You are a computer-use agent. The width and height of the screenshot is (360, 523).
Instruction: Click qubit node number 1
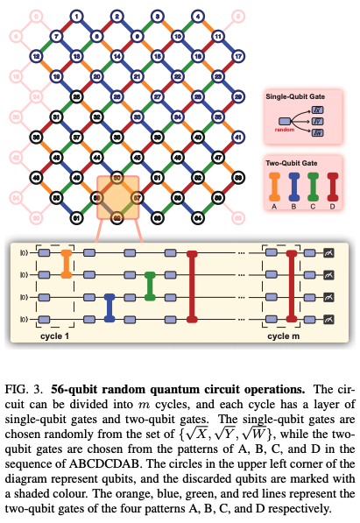[76, 16]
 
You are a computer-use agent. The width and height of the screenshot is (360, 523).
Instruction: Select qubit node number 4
[197, 16]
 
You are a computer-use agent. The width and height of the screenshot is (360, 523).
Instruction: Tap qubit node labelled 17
[237, 56]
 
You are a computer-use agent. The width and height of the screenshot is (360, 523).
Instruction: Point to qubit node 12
[36, 56]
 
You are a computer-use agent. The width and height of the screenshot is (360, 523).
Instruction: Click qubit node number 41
[237, 137]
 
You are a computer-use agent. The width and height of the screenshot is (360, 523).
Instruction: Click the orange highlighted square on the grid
[116, 197]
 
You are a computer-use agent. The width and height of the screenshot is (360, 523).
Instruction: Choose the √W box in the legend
[318, 131]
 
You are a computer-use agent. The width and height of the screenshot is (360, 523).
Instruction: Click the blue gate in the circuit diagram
[109, 307]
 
